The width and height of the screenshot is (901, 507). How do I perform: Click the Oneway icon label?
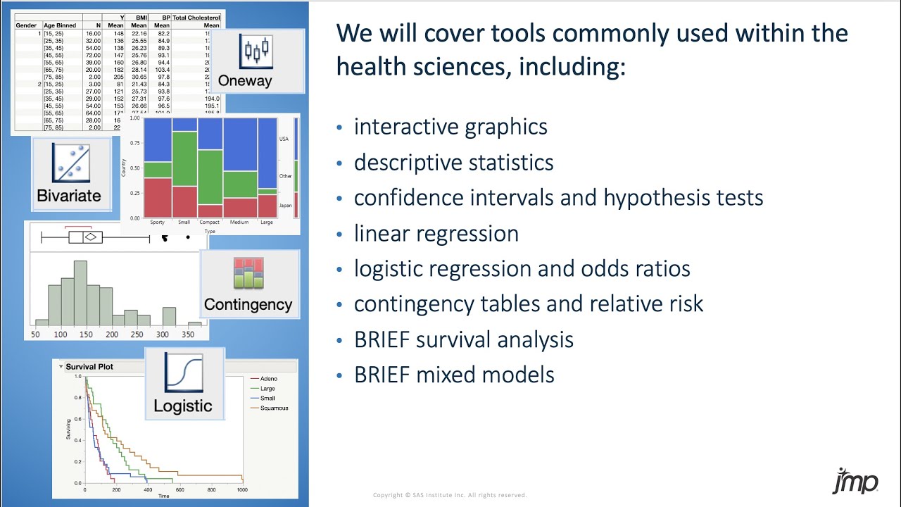(x=244, y=80)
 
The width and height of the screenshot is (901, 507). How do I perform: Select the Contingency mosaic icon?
(x=248, y=274)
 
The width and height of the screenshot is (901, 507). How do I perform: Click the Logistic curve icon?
(x=183, y=373)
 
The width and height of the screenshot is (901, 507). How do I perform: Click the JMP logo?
(x=855, y=482)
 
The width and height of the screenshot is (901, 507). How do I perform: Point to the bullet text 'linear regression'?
(x=436, y=233)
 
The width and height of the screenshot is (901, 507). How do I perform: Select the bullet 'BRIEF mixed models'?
(x=454, y=375)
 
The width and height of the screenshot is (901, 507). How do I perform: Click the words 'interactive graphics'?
(x=450, y=127)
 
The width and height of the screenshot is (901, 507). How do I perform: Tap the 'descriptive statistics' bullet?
(x=453, y=162)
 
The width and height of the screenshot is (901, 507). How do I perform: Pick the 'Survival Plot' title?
(x=89, y=367)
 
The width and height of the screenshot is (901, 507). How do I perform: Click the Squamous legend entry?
(x=274, y=408)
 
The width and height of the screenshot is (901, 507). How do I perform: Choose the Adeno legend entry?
(x=269, y=379)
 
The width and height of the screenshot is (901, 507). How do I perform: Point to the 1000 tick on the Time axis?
(x=242, y=489)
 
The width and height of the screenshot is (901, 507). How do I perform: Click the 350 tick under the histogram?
(x=189, y=334)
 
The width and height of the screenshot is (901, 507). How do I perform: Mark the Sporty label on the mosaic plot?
(x=157, y=223)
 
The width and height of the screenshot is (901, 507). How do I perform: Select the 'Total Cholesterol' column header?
(x=197, y=17)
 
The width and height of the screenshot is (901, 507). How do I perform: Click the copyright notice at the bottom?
(x=450, y=495)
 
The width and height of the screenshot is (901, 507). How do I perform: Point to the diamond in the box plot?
(x=90, y=237)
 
